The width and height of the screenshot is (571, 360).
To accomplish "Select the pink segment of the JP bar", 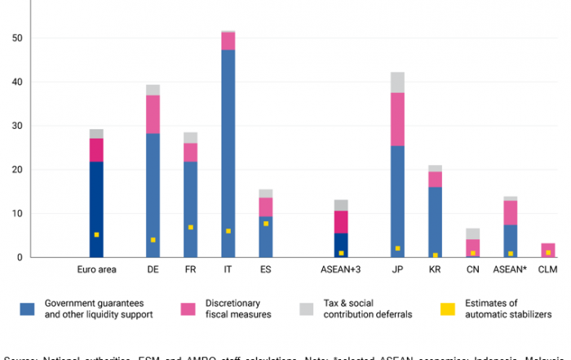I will click(397, 119).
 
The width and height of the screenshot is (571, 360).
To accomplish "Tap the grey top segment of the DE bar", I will click(153, 90).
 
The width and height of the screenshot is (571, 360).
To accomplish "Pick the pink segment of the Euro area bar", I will click(96, 150).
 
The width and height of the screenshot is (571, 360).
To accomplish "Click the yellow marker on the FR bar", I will click(190, 227).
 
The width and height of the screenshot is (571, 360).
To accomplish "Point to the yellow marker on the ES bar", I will click(266, 223).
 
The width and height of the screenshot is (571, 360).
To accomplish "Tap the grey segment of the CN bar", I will click(472, 233).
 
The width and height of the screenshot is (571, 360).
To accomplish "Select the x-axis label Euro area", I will click(96, 269).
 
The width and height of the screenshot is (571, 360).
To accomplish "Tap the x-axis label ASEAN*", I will click(511, 269).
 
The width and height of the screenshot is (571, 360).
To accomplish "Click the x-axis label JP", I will click(397, 269).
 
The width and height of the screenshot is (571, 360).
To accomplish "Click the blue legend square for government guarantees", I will click(28, 308).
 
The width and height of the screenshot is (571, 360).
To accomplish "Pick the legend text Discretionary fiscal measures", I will click(228, 308).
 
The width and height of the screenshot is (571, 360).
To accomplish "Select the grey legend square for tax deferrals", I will click(307, 308).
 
